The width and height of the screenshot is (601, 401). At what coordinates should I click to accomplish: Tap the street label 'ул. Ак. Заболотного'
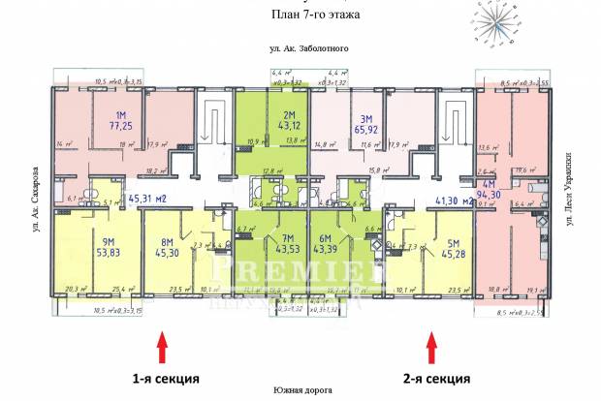[x=309, y=48]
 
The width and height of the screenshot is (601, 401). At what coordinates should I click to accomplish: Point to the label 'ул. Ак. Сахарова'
[x=36, y=199]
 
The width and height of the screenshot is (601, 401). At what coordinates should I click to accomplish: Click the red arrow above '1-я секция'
[x=162, y=345]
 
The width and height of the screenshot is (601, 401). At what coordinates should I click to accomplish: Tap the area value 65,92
[x=364, y=126]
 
